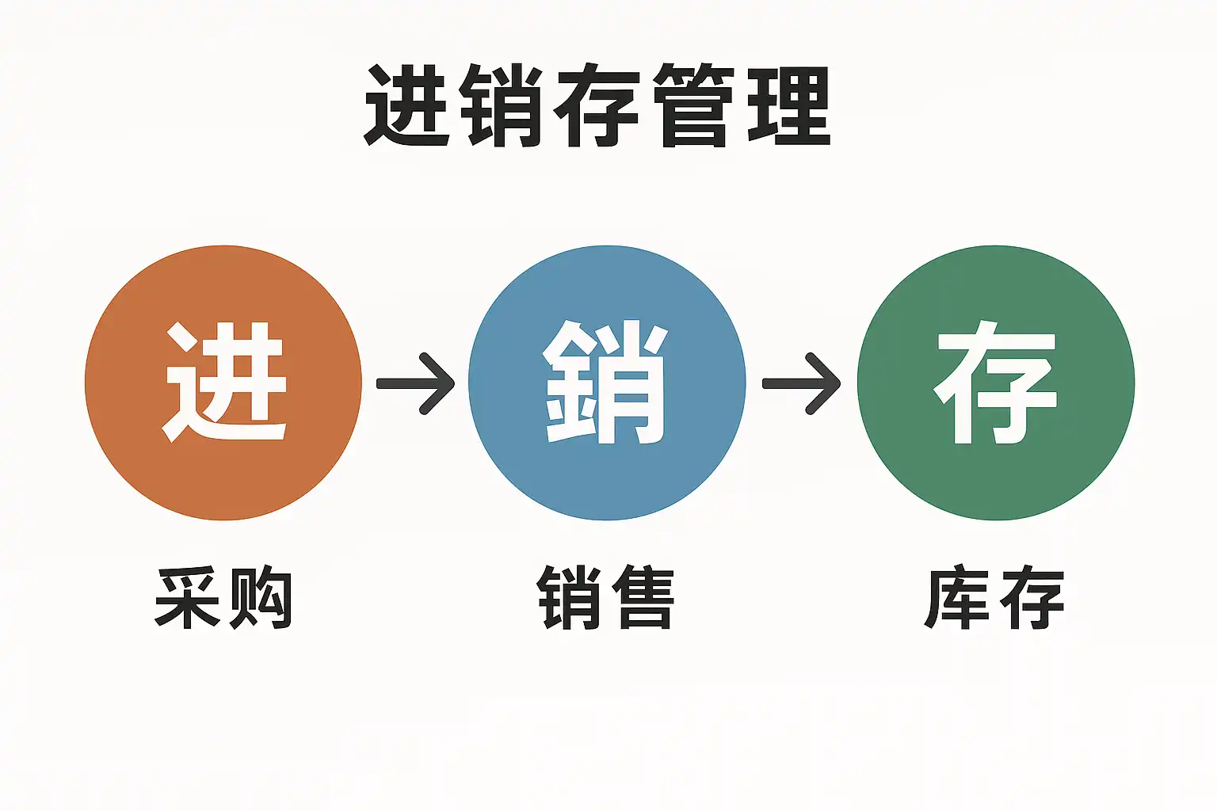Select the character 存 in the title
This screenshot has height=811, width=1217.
(x=597, y=105)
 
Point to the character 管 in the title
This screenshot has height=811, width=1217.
(x=693, y=105)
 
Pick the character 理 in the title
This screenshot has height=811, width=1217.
(x=788, y=105)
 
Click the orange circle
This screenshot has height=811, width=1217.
(x=223, y=383)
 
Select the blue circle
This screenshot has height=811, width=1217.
(x=607, y=383)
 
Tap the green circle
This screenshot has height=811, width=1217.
(x=996, y=383)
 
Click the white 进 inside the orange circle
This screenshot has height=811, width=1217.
(x=224, y=382)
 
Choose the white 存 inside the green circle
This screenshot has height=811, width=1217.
(x=995, y=382)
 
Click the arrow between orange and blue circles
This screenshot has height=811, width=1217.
(x=416, y=383)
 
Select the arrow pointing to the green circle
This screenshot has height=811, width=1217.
(x=802, y=383)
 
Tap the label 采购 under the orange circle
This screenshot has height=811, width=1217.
(x=223, y=598)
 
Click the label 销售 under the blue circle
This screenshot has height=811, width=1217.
(x=606, y=598)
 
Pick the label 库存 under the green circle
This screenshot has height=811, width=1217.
(x=994, y=598)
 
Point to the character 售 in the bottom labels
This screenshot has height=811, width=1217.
(x=643, y=598)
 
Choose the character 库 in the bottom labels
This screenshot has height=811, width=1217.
(x=957, y=598)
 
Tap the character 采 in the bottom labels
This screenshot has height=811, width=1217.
(x=188, y=598)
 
